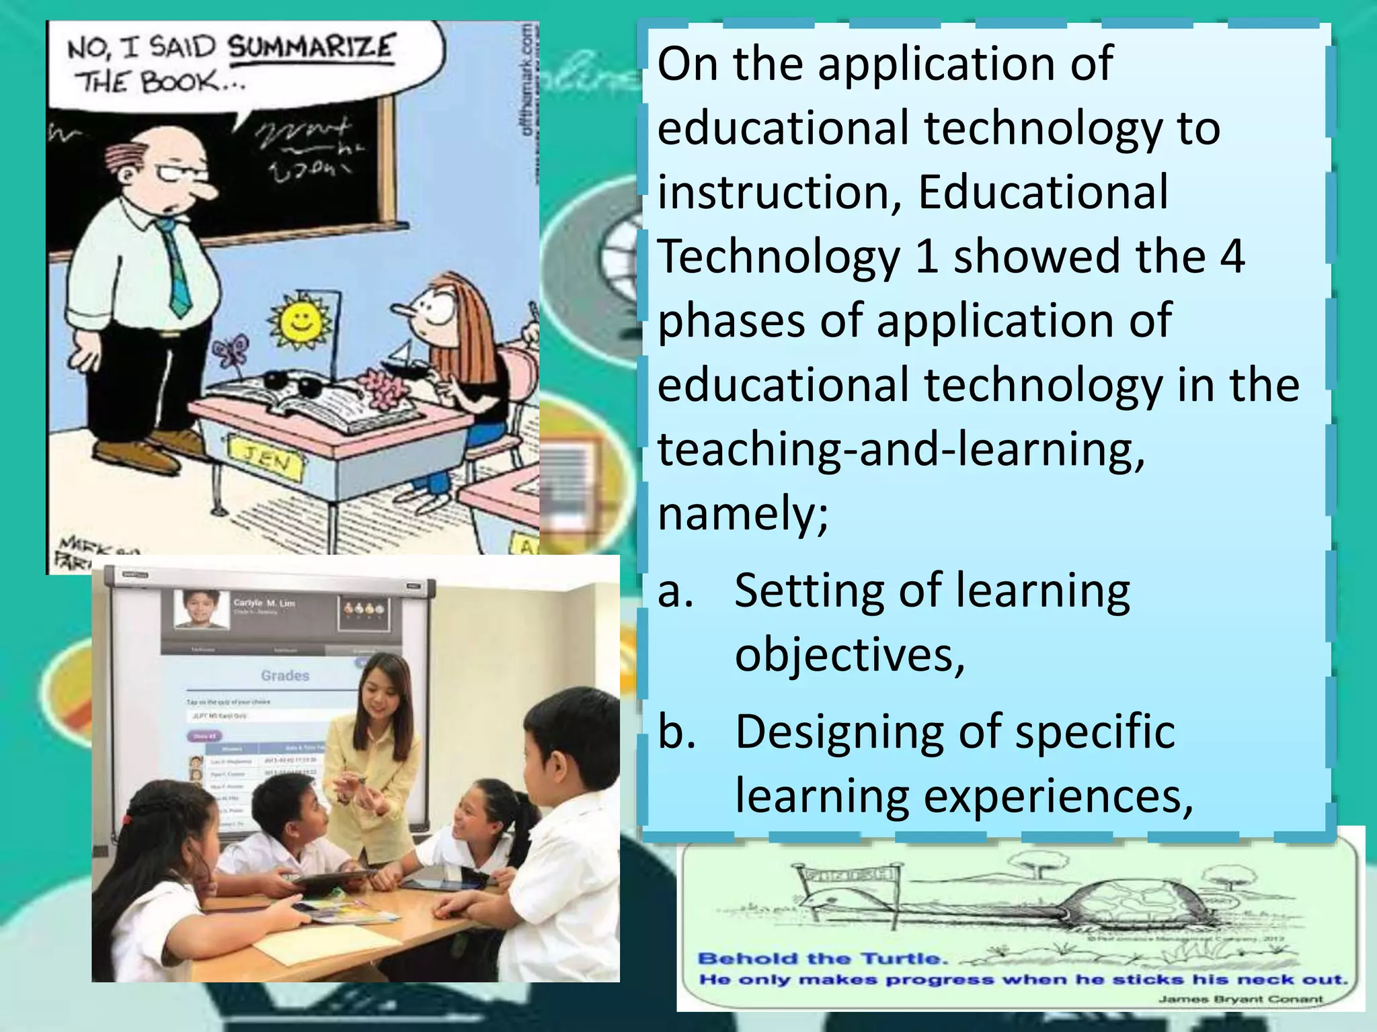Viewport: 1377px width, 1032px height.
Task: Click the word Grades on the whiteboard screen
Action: [x=285, y=675]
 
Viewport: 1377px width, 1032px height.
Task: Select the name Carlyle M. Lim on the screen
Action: [x=264, y=603]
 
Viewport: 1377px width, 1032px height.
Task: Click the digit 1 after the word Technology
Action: [x=927, y=257]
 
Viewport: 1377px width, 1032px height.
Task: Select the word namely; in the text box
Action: [x=743, y=514]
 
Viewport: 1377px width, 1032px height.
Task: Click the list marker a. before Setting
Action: [x=675, y=591]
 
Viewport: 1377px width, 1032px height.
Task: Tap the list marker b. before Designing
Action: [x=676, y=732]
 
